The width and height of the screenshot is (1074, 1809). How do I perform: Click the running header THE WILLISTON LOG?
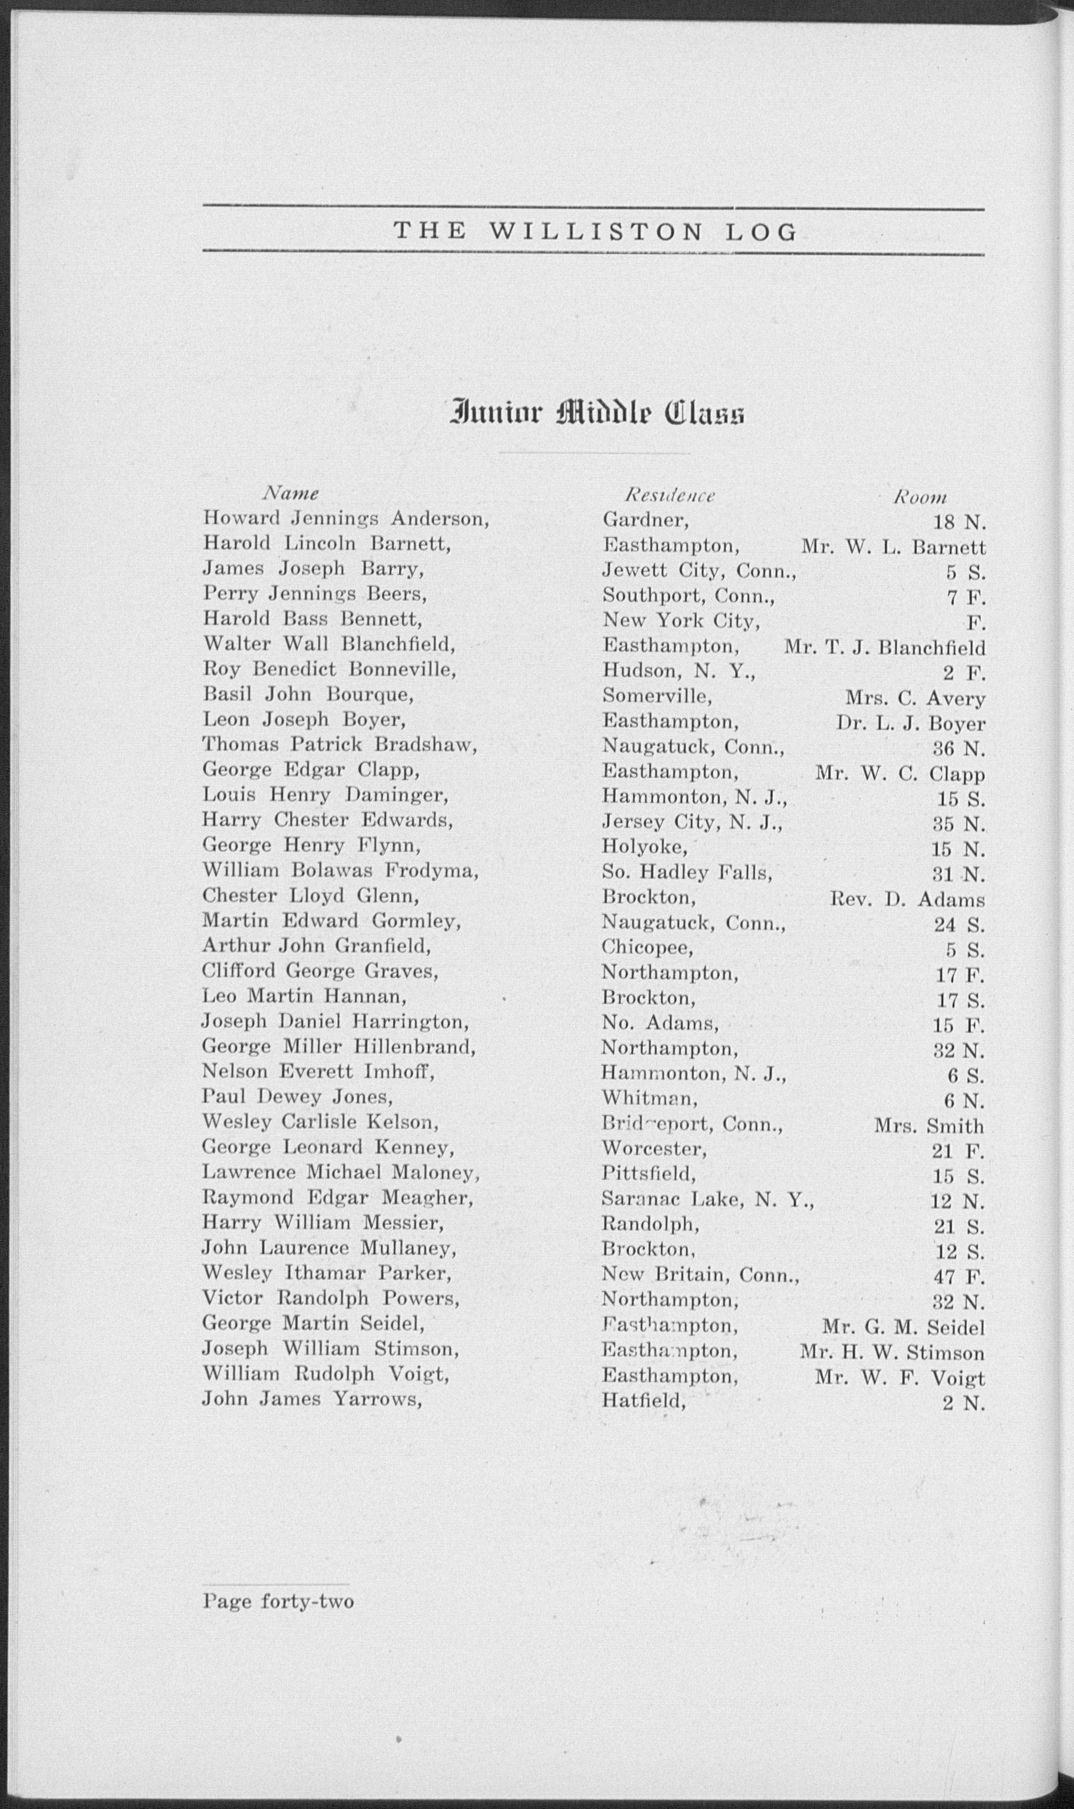(595, 232)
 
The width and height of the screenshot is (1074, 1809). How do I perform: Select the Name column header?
(290, 494)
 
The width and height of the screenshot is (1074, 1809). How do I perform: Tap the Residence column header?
(670, 495)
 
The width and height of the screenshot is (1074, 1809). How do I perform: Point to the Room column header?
(920, 496)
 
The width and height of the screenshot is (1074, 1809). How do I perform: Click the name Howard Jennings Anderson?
(346, 519)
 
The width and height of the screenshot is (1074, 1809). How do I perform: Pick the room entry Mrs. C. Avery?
(915, 699)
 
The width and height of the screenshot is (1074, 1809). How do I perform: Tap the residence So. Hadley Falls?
(687, 873)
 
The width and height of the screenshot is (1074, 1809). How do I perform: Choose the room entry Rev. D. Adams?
(907, 900)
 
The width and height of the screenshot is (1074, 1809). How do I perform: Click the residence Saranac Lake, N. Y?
(707, 1200)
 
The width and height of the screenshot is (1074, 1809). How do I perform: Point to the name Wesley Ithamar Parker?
(327, 1272)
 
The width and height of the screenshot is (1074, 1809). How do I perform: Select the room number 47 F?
(959, 1276)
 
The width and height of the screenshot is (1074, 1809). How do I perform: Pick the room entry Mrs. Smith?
(929, 1126)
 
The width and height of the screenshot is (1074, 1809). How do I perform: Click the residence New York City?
(680, 621)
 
